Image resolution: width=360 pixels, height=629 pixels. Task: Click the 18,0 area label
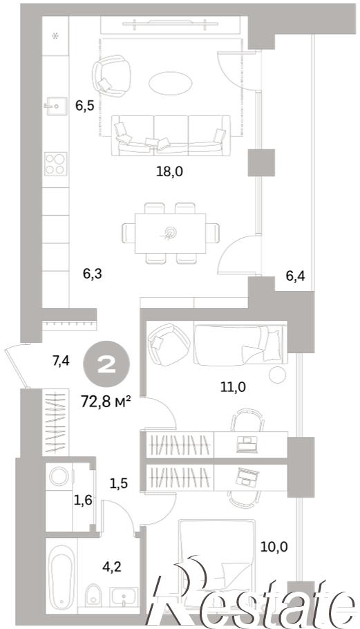click(x=169, y=171)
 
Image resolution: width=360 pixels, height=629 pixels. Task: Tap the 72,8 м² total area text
click(x=106, y=401)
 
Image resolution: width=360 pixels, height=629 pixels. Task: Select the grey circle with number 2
click(x=106, y=365)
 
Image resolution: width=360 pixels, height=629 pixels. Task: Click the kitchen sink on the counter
click(x=56, y=106)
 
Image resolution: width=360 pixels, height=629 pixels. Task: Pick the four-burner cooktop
click(x=56, y=164)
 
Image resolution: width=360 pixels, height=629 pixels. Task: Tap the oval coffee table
click(x=171, y=84)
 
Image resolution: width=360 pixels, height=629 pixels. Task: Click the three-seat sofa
click(x=171, y=135)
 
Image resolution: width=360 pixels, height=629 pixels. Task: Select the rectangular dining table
click(x=171, y=234)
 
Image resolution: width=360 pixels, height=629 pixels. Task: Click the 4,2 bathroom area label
click(x=112, y=567)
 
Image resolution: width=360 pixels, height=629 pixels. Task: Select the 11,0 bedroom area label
click(x=233, y=386)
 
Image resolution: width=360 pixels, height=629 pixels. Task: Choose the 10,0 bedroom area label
click(x=274, y=546)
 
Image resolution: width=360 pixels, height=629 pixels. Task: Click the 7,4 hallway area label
click(x=61, y=361)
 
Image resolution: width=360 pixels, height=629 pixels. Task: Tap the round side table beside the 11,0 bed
click(x=277, y=375)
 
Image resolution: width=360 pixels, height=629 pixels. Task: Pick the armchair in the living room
click(x=111, y=76)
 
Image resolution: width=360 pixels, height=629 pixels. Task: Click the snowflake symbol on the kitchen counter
click(x=56, y=35)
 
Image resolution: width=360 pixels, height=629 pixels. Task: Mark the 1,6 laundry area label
click(x=83, y=500)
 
